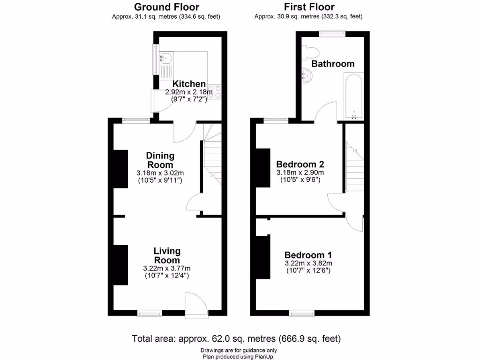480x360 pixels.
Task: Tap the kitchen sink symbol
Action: point(165,59)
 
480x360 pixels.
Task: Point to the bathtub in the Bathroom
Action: point(353,96)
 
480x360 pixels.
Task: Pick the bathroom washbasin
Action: point(307,75)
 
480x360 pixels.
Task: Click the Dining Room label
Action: point(160,160)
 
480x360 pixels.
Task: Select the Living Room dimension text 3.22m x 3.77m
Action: point(166,269)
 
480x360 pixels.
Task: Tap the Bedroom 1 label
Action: point(308,255)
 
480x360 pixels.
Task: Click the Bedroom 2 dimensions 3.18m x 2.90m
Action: point(300,173)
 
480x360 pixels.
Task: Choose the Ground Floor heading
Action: point(166,7)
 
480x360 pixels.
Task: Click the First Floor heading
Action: point(309,7)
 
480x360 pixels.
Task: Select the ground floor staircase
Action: point(212,159)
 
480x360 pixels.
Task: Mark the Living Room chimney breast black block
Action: point(120,264)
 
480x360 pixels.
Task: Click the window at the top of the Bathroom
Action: point(332,33)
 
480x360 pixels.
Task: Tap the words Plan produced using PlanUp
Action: point(239,357)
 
